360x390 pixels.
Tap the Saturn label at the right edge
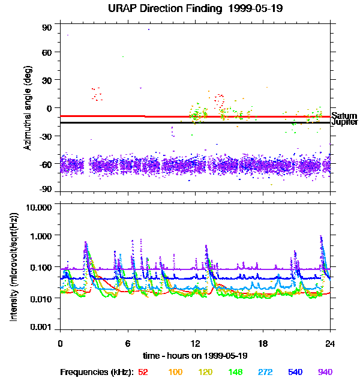[x=344, y=116]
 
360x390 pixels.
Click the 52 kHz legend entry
[x=143, y=372]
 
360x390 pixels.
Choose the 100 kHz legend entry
[x=175, y=372]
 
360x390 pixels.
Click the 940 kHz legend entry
[x=324, y=372]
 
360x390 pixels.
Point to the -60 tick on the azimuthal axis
[x=46, y=163]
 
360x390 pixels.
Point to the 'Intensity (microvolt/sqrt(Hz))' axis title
[x=13, y=267]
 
